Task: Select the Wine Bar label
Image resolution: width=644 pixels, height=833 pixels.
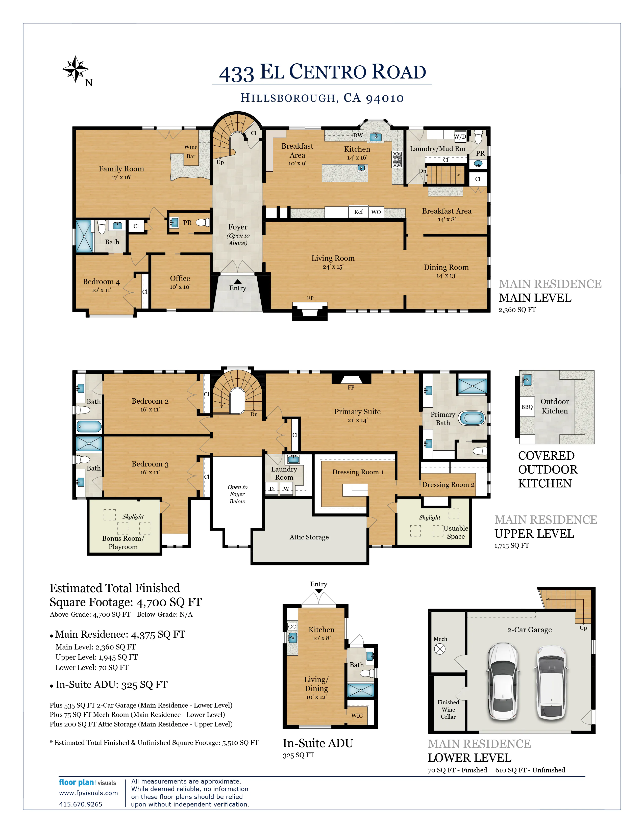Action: tap(191, 151)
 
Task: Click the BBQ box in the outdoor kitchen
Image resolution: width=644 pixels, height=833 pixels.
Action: tap(527, 407)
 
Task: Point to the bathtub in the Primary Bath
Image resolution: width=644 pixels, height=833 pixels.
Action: tap(472, 418)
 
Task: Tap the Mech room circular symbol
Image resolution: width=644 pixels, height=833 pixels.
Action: tap(440, 649)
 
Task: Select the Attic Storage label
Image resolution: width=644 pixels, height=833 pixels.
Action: tap(309, 537)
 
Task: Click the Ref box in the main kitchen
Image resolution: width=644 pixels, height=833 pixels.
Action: tap(359, 212)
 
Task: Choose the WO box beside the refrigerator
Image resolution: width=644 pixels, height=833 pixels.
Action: tap(376, 212)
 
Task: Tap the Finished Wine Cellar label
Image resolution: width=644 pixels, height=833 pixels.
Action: tap(448, 709)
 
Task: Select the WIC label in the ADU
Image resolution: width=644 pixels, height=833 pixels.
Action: tap(357, 716)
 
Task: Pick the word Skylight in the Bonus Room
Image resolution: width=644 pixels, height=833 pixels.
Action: tap(133, 516)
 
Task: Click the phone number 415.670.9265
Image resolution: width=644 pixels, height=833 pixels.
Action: tap(81, 804)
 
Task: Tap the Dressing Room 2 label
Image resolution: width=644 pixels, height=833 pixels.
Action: tap(448, 485)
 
